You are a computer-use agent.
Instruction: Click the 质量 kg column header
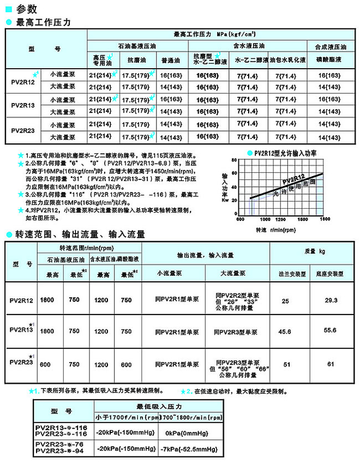coord(315,251)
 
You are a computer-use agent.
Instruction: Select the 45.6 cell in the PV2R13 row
coord(285,331)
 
